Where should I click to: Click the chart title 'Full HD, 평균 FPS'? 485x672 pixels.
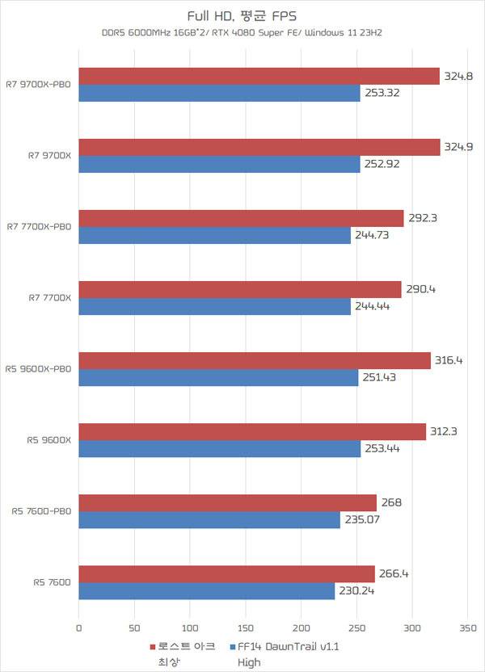point(242,15)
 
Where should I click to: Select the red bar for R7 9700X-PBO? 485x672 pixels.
point(259,76)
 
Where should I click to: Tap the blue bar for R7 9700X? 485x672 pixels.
point(219,164)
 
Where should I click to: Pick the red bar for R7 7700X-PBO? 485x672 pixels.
point(241,218)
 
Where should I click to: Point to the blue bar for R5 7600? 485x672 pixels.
point(207,590)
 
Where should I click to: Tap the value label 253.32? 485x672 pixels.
point(382,93)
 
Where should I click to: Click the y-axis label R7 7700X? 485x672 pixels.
point(50,298)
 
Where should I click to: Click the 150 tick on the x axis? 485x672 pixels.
point(246,628)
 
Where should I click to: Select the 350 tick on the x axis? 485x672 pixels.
point(468,628)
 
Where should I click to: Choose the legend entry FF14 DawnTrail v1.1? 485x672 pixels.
point(283,647)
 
